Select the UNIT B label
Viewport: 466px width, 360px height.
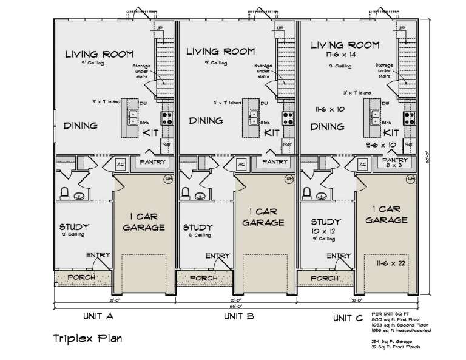pyautogui.click(x=238, y=316)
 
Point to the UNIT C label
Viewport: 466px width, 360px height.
pyautogui.click(x=349, y=317)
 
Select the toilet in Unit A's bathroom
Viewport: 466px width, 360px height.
pyautogui.click(x=63, y=194)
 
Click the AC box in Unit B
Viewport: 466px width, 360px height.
pyautogui.click(x=241, y=165)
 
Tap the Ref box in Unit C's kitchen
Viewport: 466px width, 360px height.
pyautogui.click(x=408, y=144)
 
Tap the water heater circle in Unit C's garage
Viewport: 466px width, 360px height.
pyautogui.click(x=411, y=179)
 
